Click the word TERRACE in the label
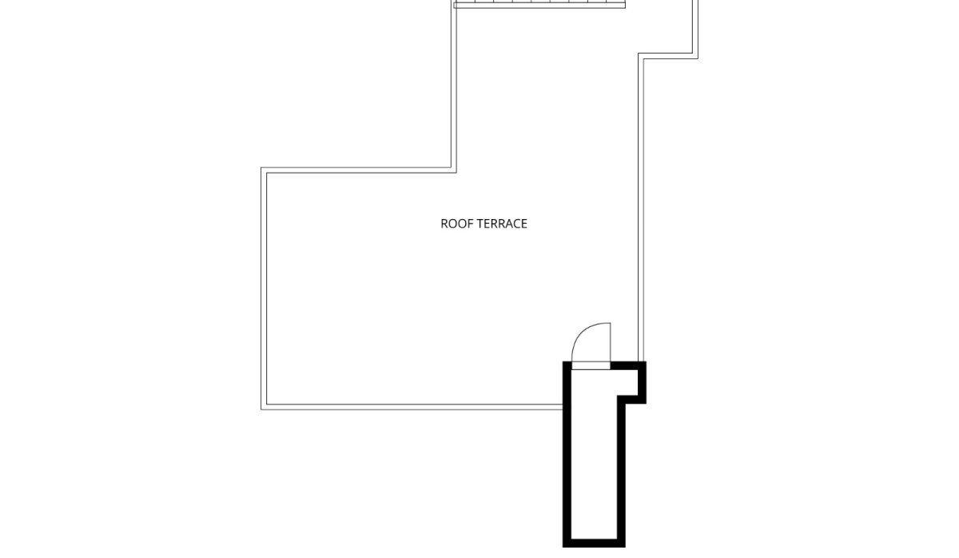coord(502,224)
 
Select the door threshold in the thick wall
coord(591,365)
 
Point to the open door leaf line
coord(610,342)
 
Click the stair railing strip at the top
coord(539,4)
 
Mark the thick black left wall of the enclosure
coord(567,454)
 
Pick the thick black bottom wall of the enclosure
coord(594,543)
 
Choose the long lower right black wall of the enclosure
coord(621,471)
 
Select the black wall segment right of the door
coord(628,365)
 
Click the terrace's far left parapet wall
coord(264,289)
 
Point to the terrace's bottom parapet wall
coord(412,407)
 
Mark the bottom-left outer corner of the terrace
coord(261,410)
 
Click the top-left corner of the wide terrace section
coord(261,168)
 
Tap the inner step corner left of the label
coord(456,173)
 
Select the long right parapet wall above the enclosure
coord(641,207)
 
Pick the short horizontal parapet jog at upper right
coord(668,56)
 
